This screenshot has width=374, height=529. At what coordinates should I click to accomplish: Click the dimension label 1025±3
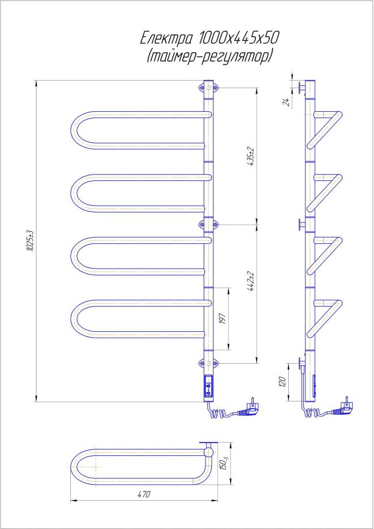point(30,240)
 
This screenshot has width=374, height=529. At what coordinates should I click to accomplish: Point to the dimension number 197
point(222,319)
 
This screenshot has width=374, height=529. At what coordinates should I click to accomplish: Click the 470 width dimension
point(143,494)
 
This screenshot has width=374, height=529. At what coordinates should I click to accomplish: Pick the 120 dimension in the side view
point(283,381)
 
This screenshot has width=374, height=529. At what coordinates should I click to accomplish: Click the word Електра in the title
point(166,39)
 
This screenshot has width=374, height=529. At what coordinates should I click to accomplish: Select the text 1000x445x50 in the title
point(239,39)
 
